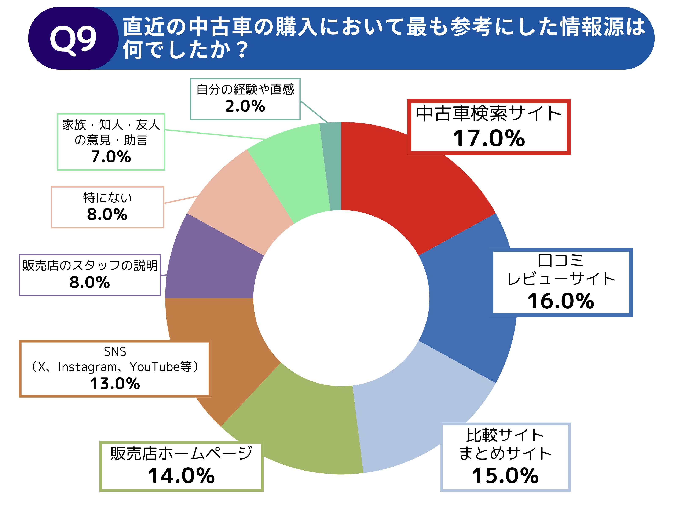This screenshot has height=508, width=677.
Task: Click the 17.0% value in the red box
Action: pyautogui.click(x=489, y=138)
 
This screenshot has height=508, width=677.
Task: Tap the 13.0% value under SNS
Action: pyautogui.click(x=115, y=383)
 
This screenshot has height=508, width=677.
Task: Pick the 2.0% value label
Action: pyautogui.click(x=245, y=106)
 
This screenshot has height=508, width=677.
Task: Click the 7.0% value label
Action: pyautogui.click(x=111, y=157)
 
